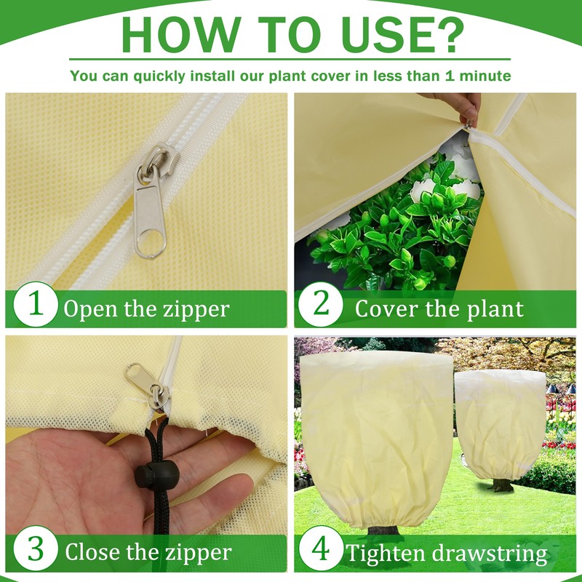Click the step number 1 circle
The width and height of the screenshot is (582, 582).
(36, 304)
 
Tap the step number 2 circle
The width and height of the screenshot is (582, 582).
(320, 304)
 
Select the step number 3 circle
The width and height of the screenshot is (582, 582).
(36, 549)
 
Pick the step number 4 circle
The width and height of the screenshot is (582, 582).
(320, 549)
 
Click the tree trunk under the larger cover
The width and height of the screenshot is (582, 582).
(383, 530)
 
